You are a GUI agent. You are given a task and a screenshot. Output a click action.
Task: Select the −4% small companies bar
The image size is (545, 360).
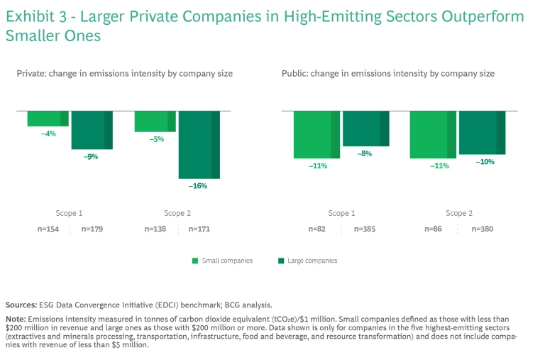[48, 119]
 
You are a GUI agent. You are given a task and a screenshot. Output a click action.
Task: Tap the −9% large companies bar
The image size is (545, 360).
[92, 130]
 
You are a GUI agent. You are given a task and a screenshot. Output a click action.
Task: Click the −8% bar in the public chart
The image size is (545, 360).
[365, 129]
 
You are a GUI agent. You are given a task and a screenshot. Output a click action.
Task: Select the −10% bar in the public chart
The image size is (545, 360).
[481, 133]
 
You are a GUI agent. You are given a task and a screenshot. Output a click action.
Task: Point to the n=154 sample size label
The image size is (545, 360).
[49, 229]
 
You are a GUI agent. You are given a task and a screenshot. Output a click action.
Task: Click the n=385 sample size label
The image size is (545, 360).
[364, 229]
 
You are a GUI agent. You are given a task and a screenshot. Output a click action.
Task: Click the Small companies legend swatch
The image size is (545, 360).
[194, 261]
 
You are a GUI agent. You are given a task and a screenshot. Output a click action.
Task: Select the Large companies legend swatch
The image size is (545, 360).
[280, 261]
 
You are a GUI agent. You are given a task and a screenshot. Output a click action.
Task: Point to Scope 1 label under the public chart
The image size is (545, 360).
[342, 213]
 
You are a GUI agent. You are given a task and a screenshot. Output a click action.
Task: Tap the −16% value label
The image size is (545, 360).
[198, 186]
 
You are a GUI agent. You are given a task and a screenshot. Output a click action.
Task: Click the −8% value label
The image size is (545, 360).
[365, 153]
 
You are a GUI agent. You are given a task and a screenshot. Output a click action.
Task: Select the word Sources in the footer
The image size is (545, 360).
[22, 304]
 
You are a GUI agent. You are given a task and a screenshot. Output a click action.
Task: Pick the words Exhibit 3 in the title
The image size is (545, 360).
[34, 16]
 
